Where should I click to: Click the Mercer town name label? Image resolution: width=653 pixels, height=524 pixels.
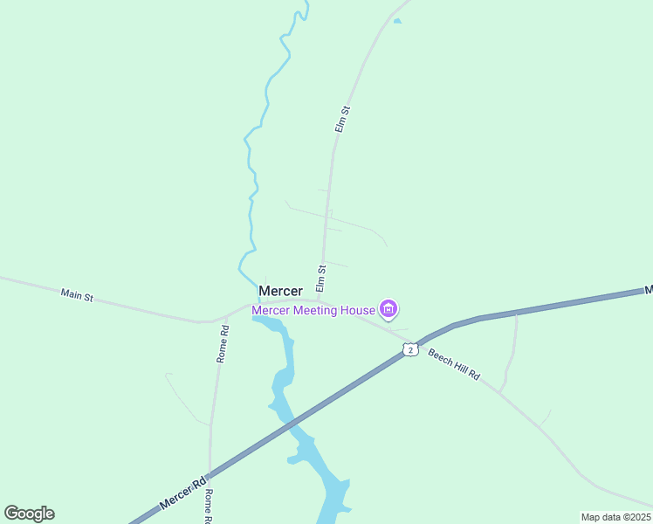coord(280,291)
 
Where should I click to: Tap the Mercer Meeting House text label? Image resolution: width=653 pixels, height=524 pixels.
coord(313,310)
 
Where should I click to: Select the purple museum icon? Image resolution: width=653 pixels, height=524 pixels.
coord(388,308)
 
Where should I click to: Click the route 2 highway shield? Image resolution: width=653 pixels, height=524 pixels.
coord(410,349)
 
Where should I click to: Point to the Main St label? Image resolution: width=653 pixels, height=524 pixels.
coord(77,295)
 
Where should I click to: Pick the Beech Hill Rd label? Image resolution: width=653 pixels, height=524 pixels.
coord(454,363)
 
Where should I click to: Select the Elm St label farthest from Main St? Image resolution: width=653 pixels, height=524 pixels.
coord(342,120)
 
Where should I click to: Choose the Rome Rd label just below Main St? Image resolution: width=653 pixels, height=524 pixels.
coord(223,344)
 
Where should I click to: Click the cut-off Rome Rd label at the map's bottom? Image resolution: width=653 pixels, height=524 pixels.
coord(209,507)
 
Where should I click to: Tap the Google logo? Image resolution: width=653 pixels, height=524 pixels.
coord(29,514)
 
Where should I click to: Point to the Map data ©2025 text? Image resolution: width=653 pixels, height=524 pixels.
coord(615,517)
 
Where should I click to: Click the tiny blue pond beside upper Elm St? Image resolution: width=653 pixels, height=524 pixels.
coord(397,21)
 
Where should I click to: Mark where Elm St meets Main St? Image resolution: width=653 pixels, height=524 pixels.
coord(320,301)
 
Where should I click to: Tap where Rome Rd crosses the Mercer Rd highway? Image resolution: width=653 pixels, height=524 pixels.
coord(210,472)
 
